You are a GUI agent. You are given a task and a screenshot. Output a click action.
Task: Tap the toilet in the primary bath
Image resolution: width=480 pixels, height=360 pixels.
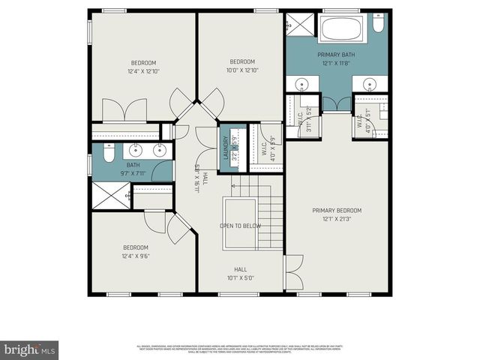tap(379, 26)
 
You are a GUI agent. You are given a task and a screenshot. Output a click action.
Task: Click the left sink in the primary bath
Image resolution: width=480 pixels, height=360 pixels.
tap(301, 83)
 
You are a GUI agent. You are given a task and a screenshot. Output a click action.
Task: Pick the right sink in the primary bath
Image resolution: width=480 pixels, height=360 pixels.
tap(371, 83)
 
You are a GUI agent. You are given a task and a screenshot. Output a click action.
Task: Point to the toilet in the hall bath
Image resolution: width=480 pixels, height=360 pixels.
tap(107, 153)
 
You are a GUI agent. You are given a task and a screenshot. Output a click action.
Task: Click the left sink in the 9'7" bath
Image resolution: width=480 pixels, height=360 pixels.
tap(136, 150)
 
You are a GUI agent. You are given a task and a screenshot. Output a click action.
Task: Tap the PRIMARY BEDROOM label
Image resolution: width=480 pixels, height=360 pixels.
tap(337, 211)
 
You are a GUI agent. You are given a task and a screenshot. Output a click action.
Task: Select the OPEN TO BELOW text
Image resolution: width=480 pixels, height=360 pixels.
tap(240, 225)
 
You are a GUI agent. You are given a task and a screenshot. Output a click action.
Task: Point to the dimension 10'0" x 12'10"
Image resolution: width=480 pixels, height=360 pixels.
tap(242, 70)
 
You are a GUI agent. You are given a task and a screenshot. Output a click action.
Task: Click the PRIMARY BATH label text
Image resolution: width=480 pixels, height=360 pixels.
tap(337, 55)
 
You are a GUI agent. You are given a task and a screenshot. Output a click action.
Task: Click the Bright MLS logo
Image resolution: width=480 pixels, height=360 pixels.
tap(30, 349)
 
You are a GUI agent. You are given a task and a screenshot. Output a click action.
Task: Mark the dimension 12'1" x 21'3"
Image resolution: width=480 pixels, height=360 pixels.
tap(337, 219)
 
